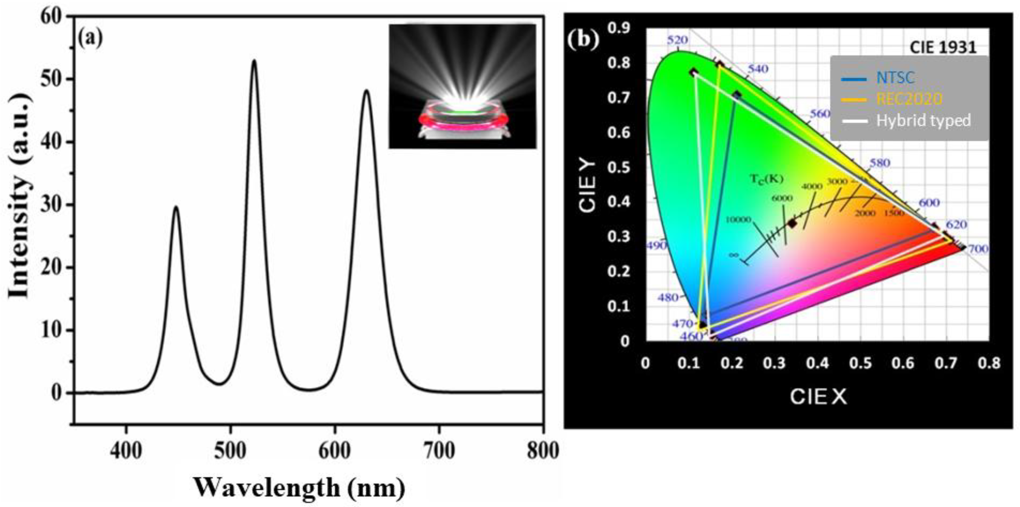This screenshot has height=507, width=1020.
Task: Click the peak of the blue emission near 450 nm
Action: click(176, 207)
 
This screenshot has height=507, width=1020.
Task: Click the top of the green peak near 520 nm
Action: click(254, 61)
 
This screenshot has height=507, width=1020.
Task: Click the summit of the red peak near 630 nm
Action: click(366, 91)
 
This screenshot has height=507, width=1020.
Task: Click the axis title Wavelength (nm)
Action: click(299, 487)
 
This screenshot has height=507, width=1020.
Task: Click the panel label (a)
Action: click(90, 38)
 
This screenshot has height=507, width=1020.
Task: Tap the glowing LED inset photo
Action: click(462, 86)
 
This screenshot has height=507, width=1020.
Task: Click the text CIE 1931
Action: click(942, 48)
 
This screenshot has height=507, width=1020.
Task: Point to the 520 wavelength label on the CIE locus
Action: click(677, 40)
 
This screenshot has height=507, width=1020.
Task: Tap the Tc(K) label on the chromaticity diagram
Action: click(767, 179)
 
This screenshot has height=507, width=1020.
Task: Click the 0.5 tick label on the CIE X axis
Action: click(861, 363)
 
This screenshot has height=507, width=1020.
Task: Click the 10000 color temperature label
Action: click(738, 220)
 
